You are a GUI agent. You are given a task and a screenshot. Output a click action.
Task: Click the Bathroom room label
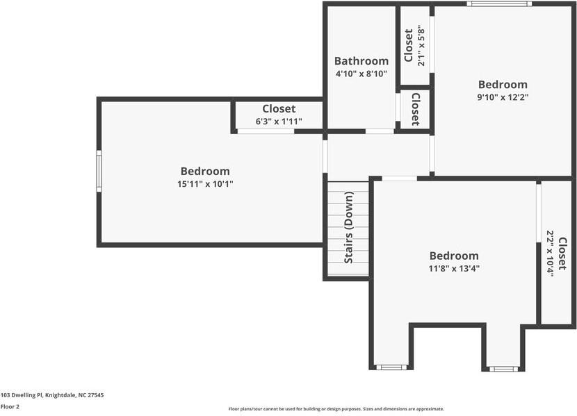[x=361, y=61]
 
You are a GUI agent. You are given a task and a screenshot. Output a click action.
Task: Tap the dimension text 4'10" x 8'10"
[x=361, y=74]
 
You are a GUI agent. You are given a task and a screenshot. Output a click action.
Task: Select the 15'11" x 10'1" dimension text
[x=205, y=184]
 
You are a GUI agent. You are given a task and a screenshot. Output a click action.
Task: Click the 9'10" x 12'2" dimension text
[x=503, y=98]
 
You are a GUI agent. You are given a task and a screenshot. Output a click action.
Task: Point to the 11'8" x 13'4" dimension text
[x=454, y=268]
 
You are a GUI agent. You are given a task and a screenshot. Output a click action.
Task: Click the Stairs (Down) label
[x=349, y=228]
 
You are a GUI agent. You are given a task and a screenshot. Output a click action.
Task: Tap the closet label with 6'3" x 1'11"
[x=279, y=109]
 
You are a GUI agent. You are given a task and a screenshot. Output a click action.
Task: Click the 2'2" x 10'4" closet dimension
[x=550, y=253]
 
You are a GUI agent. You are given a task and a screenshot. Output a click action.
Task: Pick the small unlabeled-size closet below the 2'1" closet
[x=415, y=110]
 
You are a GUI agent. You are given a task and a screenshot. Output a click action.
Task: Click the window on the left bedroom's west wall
[x=99, y=171]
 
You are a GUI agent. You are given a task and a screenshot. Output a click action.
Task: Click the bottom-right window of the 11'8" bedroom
[x=503, y=368]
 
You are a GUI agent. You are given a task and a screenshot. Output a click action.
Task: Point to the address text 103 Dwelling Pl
[x=52, y=394]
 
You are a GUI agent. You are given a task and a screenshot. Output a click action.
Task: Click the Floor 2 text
[x=10, y=407]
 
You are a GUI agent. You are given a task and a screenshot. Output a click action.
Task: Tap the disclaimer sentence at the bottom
[x=336, y=409]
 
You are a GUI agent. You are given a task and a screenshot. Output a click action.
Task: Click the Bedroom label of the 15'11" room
[x=205, y=172]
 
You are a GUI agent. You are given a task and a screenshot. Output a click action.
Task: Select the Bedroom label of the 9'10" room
[x=503, y=85]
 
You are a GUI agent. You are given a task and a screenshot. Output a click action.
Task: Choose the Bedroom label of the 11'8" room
[x=454, y=256]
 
